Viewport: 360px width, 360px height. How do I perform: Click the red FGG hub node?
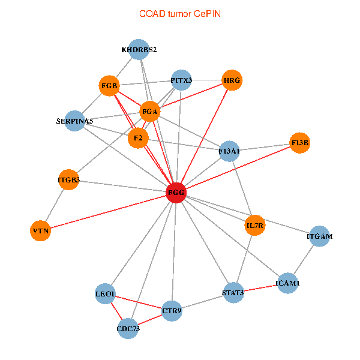(175, 193)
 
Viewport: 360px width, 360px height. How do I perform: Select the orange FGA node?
(149, 112)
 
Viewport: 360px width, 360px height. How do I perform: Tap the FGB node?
(109, 86)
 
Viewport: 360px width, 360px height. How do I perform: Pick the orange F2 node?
(138, 139)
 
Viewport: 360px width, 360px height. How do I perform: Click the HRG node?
(232, 80)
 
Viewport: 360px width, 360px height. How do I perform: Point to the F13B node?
(299, 143)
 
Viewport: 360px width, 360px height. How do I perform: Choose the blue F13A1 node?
(229, 151)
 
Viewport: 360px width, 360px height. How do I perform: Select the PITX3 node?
(181, 80)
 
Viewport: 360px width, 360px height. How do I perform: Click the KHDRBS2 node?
(139, 49)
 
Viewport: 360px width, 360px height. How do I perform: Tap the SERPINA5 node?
(74, 121)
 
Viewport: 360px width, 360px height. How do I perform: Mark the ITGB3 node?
(68, 179)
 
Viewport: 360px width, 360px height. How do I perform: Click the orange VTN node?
(40, 230)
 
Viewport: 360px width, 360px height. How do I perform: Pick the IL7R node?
(255, 226)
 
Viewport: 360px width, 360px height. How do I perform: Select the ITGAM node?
(319, 236)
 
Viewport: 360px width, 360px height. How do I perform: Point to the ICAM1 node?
(288, 282)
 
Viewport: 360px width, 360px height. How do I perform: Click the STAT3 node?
(233, 293)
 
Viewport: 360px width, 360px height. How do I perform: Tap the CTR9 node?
(172, 311)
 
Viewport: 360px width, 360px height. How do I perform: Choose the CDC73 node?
(128, 328)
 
